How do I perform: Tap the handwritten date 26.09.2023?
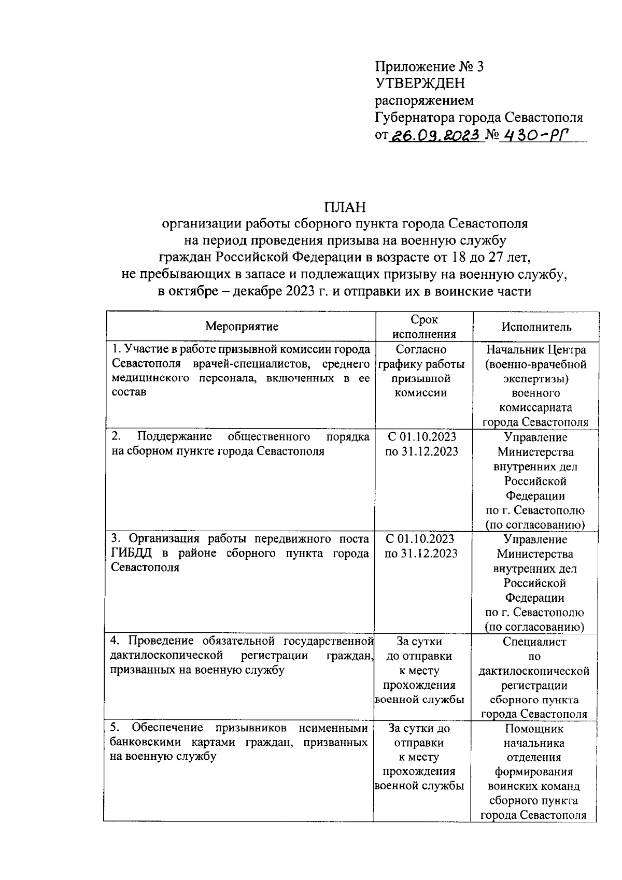pyautogui.click(x=434, y=136)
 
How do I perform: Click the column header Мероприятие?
pyautogui.click(x=242, y=327)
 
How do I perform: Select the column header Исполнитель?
pyautogui.click(x=536, y=327)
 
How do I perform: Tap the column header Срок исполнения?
pyautogui.click(x=424, y=327)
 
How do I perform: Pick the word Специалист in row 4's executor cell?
pyautogui.click(x=534, y=642)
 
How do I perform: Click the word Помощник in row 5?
pyautogui.click(x=534, y=729)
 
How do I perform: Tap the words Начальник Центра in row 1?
pyautogui.click(x=536, y=350)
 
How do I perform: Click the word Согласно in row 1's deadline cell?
pyautogui.click(x=421, y=350)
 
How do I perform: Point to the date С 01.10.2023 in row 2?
pyautogui.click(x=421, y=437)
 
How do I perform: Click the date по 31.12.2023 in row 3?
pyautogui.click(x=421, y=553)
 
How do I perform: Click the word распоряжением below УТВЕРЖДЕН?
pyautogui.click(x=424, y=100)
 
